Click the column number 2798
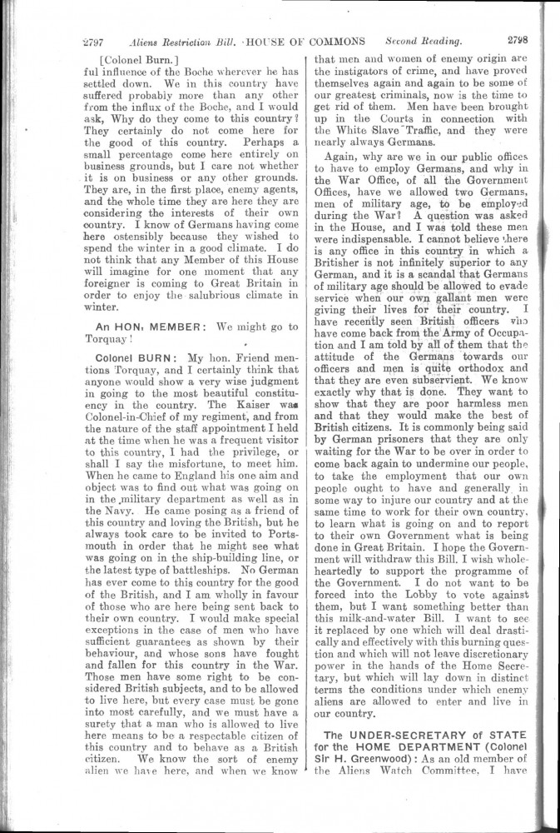(523, 39)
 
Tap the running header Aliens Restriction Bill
(182, 42)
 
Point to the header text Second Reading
(424, 40)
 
